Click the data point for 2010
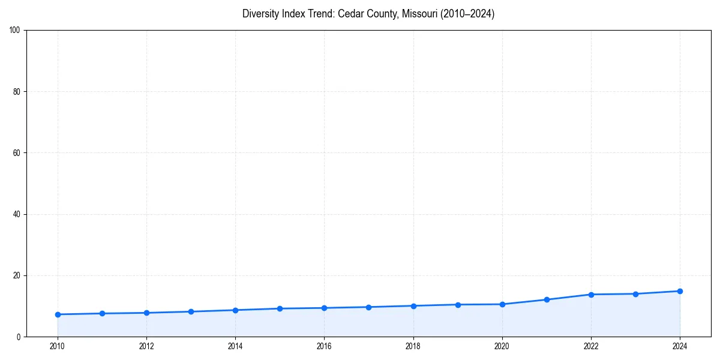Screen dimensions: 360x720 pos(58,314)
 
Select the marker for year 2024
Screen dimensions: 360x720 pos(680,291)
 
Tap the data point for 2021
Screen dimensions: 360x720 pos(547,299)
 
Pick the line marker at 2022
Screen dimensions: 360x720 pos(591,295)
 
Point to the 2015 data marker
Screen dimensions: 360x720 pos(280,308)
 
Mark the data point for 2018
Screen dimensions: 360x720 pos(413,306)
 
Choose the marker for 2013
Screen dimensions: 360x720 pos(191,311)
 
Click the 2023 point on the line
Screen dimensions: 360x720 pos(635,294)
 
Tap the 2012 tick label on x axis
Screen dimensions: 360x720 pos(146,346)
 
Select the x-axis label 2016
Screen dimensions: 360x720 pos(324,346)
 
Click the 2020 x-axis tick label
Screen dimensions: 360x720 pos(502,346)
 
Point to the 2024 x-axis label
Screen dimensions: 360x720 pos(680,346)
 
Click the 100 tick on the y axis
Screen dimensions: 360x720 pos(16,31)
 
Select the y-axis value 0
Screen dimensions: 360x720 pos(19,337)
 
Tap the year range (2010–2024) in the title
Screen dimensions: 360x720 pos(467,14)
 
